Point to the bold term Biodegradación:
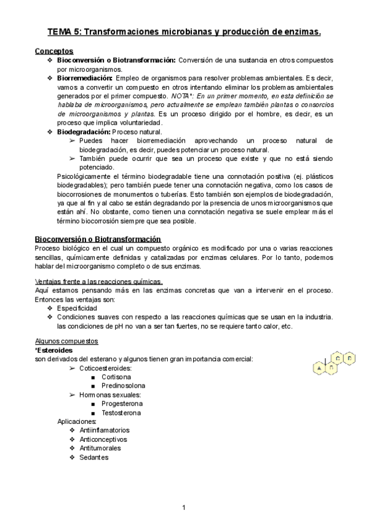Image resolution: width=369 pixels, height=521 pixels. point(84,132)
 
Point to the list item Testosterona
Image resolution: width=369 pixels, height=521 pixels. point(121,413)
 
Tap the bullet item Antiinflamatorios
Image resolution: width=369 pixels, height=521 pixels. point(105,431)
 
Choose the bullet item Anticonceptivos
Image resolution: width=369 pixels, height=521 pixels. point(103,439)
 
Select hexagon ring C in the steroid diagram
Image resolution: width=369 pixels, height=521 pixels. point(338,357)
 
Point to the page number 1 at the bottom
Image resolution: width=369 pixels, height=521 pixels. point(184,507)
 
